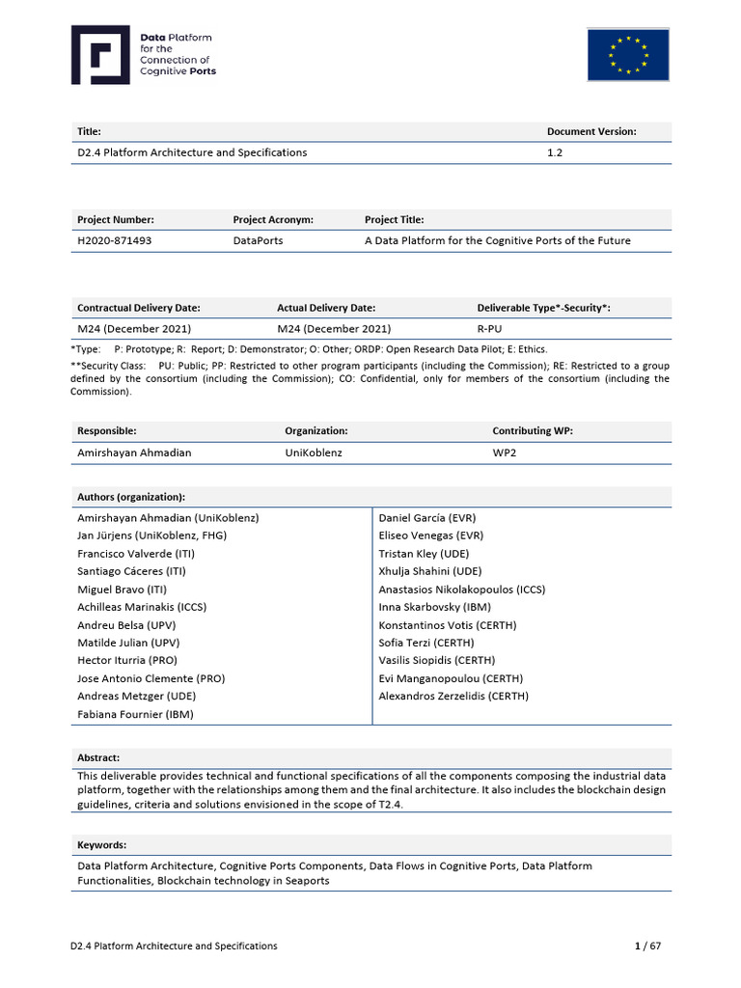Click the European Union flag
[x=628, y=55]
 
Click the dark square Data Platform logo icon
[x=100, y=55]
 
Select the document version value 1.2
[x=555, y=152]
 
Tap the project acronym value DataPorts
[x=258, y=240]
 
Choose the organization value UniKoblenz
[x=315, y=452]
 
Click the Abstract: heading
[x=98, y=758]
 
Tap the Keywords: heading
[x=102, y=845]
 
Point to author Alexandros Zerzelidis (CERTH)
[x=453, y=696]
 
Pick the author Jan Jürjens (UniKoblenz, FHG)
[x=152, y=535]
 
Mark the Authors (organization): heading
[x=131, y=497]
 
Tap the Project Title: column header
[x=394, y=220]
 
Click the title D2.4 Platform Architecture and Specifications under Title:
[x=192, y=152]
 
